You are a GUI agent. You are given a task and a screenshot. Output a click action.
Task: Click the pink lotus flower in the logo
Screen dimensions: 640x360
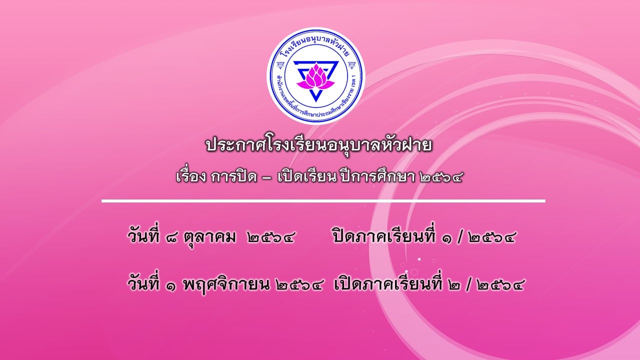click(315, 76)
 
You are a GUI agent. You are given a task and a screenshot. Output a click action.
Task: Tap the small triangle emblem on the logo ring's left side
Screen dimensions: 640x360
click(279, 65)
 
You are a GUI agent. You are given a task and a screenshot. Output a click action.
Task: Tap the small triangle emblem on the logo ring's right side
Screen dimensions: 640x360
click(351, 65)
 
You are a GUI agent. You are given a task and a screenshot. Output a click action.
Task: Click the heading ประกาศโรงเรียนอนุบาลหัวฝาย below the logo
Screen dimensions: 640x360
click(318, 145)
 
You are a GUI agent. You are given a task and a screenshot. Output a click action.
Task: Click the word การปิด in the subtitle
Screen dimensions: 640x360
click(233, 177)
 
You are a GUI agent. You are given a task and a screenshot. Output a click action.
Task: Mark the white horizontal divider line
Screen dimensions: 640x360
click(323, 201)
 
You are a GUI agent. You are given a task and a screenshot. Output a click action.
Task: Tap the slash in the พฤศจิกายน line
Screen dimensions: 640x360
click(470, 284)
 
